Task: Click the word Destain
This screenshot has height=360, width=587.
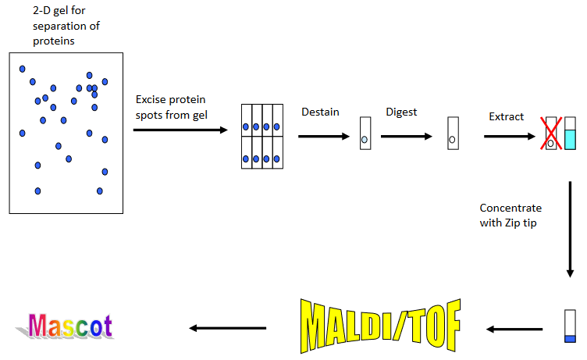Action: tap(320, 112)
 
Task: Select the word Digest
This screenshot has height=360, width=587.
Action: tap(401, 112)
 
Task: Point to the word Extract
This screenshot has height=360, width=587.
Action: tap(507, 117)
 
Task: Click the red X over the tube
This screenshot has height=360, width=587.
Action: tap(552, 133)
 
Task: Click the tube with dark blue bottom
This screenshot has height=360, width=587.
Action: tap(569, 326)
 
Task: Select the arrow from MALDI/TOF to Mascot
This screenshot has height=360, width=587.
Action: tap(229, 327)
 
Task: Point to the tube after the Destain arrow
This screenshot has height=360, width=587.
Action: tap(365, 134)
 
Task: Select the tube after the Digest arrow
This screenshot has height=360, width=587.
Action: tap(452, 134)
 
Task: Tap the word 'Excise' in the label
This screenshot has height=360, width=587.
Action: tap(152, 100)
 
